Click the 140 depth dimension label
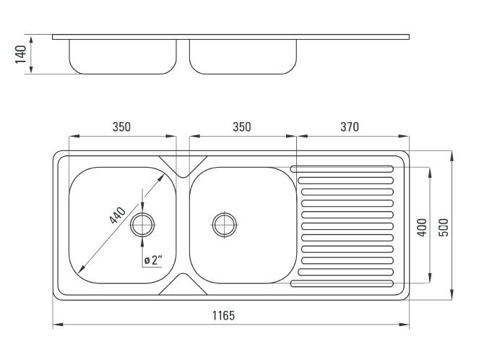coord(21,54)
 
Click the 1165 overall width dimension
coord(224,315)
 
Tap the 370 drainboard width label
coord(350,127)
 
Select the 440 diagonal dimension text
coord(118,215)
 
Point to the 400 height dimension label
coord(422,227)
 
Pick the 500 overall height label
coord(444,227)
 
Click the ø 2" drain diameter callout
coord(153,260)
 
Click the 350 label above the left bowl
coord(121,127)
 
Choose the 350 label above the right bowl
coord(242,127)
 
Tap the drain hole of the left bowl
coord(142,225)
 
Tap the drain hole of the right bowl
coord(225,225)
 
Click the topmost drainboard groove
coord(342,168)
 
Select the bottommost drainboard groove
coord(342,283)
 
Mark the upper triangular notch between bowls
coord(183,166)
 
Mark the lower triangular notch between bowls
coord(183,284)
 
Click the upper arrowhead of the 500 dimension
coord(452,156)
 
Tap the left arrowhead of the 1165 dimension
coord(58,325)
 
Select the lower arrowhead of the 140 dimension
coord(31,69)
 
